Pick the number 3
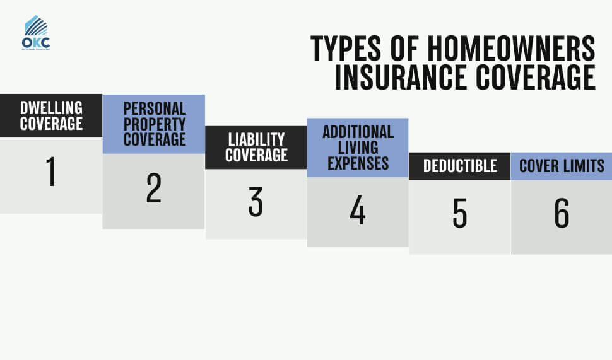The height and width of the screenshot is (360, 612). [256, 202]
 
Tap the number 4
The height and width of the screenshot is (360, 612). [358, 211]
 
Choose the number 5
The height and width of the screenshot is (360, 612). [459, 214]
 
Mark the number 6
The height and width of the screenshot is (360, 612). [562, 214]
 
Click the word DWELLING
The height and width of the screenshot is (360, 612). [51, 108]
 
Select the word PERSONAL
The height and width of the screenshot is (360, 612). [155, 108]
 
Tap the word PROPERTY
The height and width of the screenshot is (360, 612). [155, 124]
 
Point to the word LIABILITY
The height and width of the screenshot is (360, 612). [256, 139]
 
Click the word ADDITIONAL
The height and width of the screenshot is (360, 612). [358, 132]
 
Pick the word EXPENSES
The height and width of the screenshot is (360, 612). [358, 163]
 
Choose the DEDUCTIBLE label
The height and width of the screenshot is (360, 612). [460, 166]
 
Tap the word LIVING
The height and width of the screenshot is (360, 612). [358, 148]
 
